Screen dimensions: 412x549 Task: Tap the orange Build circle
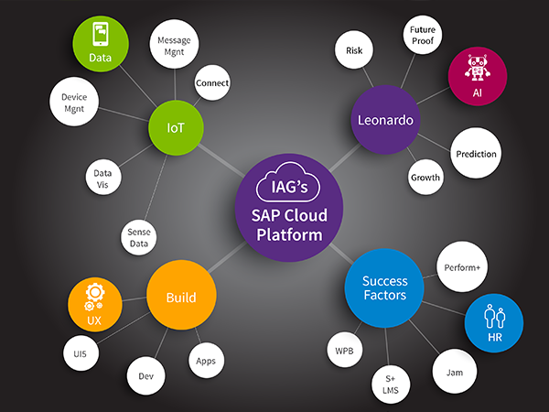pos(182,298)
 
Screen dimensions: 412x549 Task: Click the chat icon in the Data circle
pos(101,35)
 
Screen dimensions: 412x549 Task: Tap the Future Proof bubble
pos(420,36)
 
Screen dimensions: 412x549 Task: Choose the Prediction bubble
pos(476,155)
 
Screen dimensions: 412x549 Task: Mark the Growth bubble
pos(425,177)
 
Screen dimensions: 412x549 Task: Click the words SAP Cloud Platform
pos(289,225)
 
